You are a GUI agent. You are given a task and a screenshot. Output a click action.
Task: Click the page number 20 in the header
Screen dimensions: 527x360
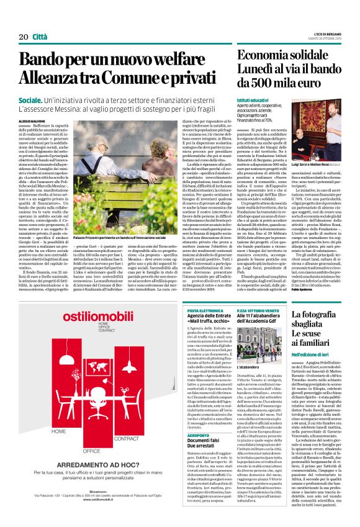point(23,37)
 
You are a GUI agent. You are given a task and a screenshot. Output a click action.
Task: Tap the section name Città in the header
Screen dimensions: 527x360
point(40,37)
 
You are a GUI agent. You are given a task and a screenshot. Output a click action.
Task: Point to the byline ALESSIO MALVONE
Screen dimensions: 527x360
point(32,120)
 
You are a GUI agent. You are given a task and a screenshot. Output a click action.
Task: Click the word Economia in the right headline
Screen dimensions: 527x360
point(264,55)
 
